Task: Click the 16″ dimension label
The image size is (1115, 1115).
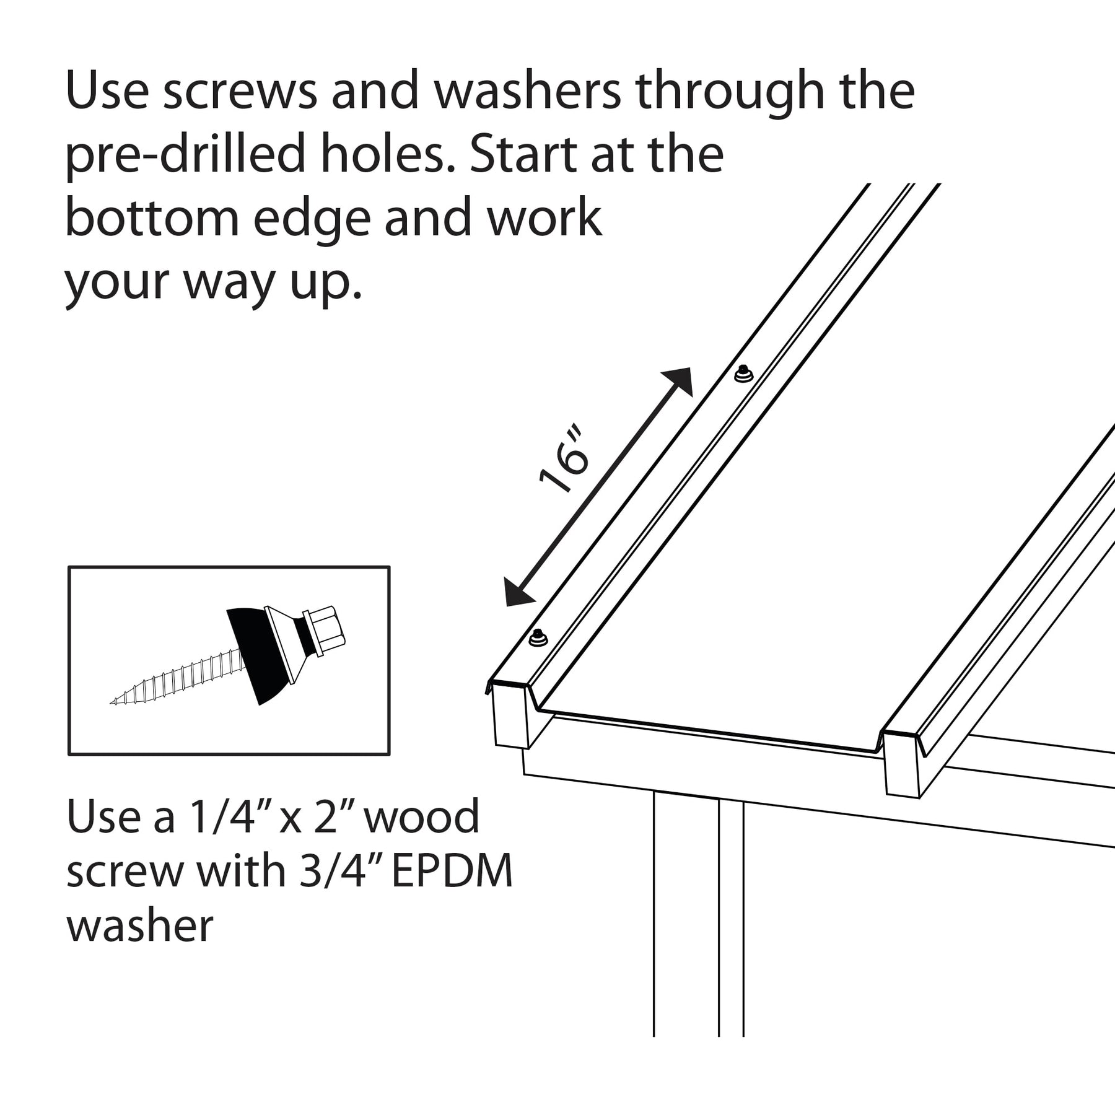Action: coord(562,458)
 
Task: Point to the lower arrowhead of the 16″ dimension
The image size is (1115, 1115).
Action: coord(518,592)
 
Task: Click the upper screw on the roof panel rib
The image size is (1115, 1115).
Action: coord(743,374)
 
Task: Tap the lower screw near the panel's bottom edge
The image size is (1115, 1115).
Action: coord(538,637)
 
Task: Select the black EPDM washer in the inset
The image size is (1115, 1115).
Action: coord(258,655)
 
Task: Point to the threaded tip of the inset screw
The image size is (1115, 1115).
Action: coord(114,702)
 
